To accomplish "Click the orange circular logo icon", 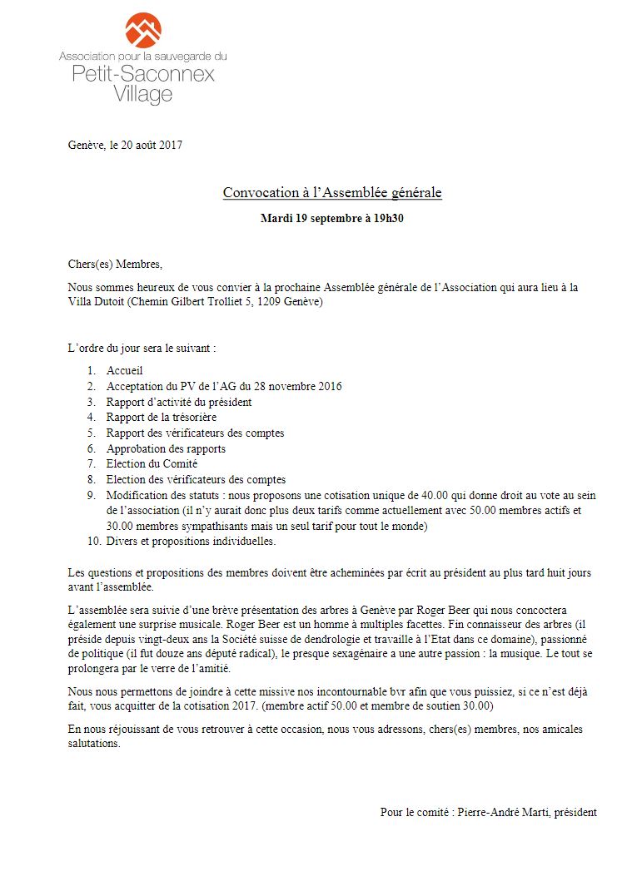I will (x=143, y=30).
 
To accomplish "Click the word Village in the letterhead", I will (x=143, y=95).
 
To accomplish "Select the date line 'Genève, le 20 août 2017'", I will (x=125, y=145).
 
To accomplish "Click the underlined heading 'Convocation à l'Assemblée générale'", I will (x=332, y=193).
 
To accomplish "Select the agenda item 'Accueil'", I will (x=126, y=371).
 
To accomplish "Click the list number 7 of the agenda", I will (x=91, y=464).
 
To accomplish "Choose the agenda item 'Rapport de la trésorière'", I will (x=162, y=418).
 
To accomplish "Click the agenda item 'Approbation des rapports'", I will (x=166, y=449).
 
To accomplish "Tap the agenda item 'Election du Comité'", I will (x=152, y=464).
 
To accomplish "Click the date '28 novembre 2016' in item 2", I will (x=299, y=387).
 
